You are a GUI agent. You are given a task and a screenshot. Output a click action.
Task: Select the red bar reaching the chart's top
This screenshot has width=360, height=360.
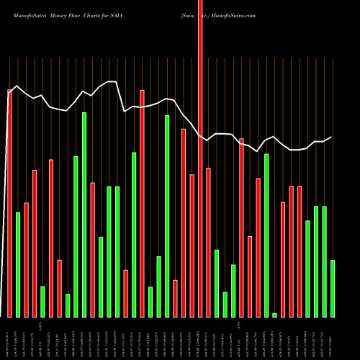pyautogui.click(x=200, y=158)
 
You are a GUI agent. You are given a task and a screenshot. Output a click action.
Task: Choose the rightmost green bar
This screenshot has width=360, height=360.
pyautogui.click(x=333, y=288)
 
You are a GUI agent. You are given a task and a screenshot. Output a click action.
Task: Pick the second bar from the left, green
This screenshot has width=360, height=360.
pyautogui.click(x=18, y=264)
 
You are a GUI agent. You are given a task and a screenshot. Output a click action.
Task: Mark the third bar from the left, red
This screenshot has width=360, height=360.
pyautogui.click(x=26, y=259)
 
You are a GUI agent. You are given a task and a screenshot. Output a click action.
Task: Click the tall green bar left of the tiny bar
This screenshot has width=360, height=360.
pyautogui.click(x=266, y=235)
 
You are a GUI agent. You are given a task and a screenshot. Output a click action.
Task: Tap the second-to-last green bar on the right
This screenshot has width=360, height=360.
pyautogui.click(x=325, y=261)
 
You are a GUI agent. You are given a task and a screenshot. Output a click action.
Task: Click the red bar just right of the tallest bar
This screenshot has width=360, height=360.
pyautogui.click(x=208, y=242)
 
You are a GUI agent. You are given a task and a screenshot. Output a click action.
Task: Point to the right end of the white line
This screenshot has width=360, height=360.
pyautogui.click(x=331, y=137)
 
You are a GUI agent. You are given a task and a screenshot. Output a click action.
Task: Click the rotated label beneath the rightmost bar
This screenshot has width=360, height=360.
pyautogui.click(x=333, y=337)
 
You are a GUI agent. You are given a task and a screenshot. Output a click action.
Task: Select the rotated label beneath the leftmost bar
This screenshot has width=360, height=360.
pyautogui.click(x=9, y=337)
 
